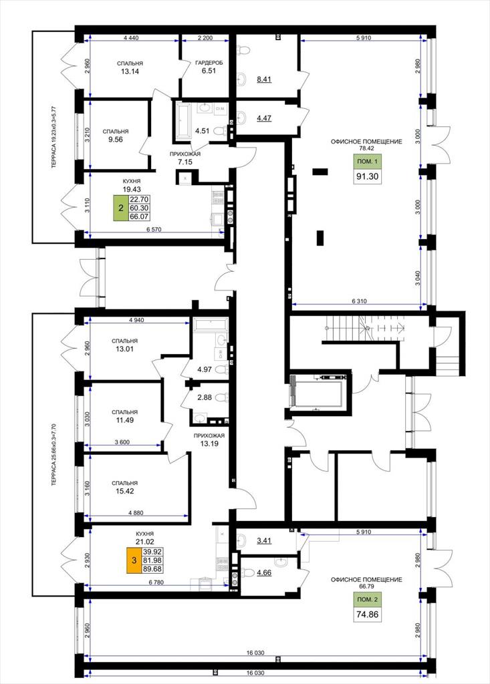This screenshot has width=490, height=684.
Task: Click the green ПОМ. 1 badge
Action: pyautogui.click(x=367, y=162)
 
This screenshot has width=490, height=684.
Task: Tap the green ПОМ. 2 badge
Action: pyautogui.click(x=367, y=599)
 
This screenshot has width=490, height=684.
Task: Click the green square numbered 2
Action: pyautogui.click(x=121, y=208)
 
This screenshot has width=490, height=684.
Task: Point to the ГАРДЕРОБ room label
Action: pyautogui.click(x=209, y=63)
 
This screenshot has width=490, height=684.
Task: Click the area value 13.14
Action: pyautogui.click(x=130, y=71)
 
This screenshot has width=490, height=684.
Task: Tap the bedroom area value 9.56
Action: pyautogui.click(x=115, y=140)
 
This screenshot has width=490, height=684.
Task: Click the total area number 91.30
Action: pyautogui.click(x=367, y=176)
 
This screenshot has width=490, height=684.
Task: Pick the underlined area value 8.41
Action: pyautogui.click(x=264, y=79)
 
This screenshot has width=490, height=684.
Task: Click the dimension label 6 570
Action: pyautogui.click(x=154, y=230)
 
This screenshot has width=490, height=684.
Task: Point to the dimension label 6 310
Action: pyautogui.click(x=359, y=301)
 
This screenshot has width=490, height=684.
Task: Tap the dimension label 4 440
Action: pyautogui.click(x=131, y=38)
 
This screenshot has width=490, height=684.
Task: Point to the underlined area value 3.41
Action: pyautogui.click(x=264, y=541)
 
